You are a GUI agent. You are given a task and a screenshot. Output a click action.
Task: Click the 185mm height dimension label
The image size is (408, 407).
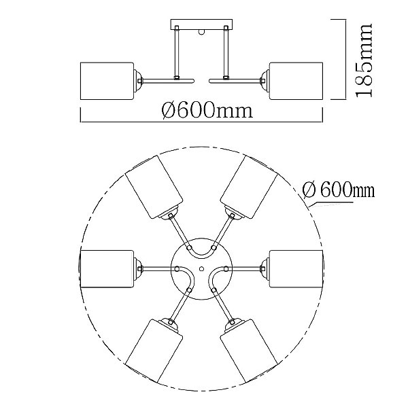click(x=364, y=60)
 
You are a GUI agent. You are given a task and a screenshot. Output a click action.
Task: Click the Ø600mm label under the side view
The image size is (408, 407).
click(x=207, y=110)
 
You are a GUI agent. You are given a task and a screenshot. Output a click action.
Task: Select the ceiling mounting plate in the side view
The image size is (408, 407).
click(x=201, y=24)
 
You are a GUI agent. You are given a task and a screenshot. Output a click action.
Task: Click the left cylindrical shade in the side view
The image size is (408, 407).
click(x=107, y=81)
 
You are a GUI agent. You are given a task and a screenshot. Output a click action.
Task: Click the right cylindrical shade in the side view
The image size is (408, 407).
click(x=296, y=81)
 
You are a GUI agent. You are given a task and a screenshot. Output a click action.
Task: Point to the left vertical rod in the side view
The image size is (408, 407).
click(x=177, y=53)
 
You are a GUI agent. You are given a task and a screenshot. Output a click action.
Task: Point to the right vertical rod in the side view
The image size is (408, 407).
click(x=226, y=53)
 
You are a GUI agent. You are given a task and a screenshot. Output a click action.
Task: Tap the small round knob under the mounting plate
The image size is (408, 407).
click(x=201, y=32)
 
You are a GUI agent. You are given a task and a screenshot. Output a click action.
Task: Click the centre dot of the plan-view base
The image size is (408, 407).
click(x=201, y=268)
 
